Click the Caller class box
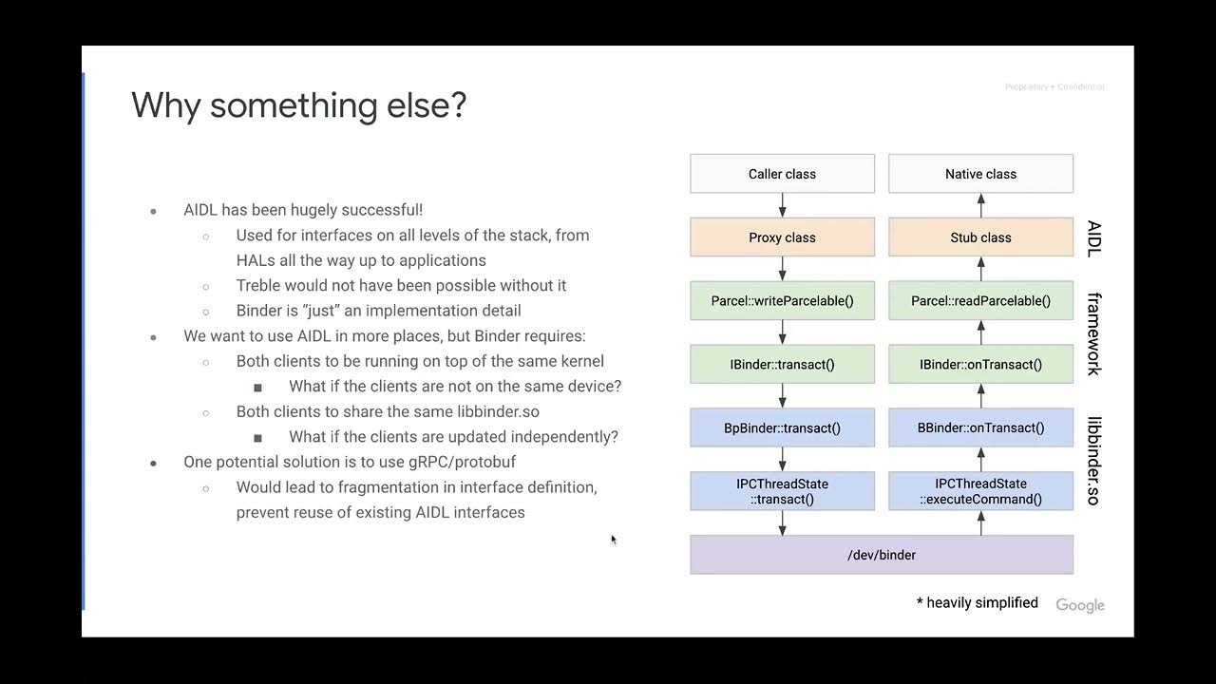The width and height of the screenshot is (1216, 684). pos(782,174)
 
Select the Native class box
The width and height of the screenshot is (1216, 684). pos(980,174)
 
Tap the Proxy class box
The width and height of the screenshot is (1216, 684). pos(782,237)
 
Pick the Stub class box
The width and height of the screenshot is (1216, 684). pos(980,237)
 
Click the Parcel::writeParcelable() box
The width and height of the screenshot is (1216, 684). pos(782,301)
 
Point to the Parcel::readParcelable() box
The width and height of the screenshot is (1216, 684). pos(980,301)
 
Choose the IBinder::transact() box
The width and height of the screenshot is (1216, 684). pos(782,364)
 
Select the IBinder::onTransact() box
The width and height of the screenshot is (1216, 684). pos(980,364)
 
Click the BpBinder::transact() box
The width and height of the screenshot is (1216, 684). pos(782,427)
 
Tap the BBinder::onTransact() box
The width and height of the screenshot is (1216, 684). pos(980,427)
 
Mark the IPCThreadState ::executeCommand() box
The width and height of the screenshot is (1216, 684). pos(980,491)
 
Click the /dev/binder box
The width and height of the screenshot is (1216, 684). pos(882,555)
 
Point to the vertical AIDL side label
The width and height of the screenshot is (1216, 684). pos(1094,237)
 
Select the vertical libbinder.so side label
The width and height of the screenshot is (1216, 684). pos(1094,461)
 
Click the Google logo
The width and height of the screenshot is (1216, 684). pos(1080,605)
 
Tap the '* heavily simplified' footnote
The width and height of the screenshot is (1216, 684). pos(978,602)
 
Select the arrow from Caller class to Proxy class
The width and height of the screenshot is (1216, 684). pos(783,205)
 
